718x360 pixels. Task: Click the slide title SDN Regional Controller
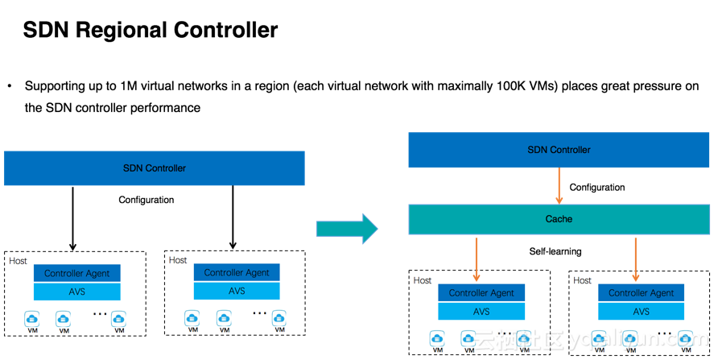click(x=150, y=31)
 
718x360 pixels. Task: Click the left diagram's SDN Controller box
click(x=154, y=168)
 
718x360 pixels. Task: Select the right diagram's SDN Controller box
click(x=559, y=150)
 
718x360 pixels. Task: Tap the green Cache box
click(x=559, y=219)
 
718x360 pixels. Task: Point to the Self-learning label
click(x=555, y=251)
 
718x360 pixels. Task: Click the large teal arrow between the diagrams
click(x=347, y=229)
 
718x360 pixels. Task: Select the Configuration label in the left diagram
click(x=146, y=200)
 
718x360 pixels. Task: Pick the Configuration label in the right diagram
click(x=596, y=188)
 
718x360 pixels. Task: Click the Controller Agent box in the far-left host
click(x=77, y=274)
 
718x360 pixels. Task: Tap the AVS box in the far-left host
click(x=77, y=292)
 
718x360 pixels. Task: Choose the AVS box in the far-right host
click(x=641, y=311)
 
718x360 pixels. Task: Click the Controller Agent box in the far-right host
click(x=641, y=293)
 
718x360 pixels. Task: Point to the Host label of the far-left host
click(x=18, y=261)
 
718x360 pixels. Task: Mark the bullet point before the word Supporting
click(x=10, y=86)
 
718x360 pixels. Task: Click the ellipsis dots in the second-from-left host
click(x=259, y=312)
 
